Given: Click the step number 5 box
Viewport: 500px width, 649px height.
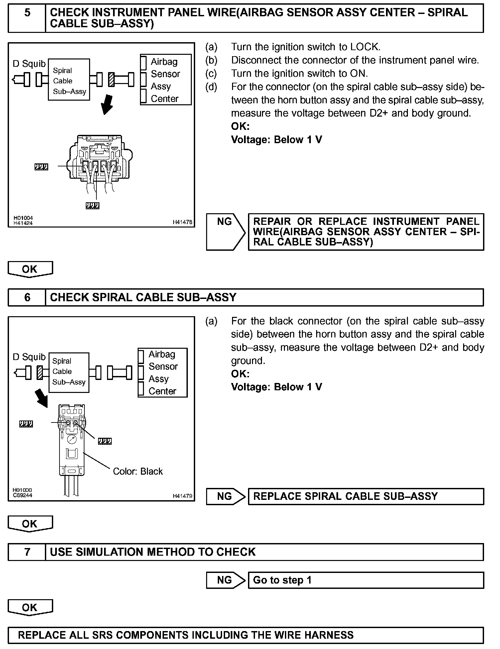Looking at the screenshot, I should tap(27, 18).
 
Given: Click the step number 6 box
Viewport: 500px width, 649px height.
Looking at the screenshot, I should tap(27, 297).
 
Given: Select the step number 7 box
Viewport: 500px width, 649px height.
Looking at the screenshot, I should tap(27, 552).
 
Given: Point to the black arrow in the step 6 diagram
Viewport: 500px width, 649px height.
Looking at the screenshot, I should tap(42, 397).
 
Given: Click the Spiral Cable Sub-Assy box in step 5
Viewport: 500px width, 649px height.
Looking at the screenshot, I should tap(69, 80).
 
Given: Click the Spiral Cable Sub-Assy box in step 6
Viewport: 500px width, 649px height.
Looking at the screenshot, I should tap(69, 372).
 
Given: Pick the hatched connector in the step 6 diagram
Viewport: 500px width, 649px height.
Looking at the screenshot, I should tap(40, 373).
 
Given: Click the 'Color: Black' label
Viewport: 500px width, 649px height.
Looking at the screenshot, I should tap(138, 471).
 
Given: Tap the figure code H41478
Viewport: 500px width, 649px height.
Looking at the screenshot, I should tap(182, 222).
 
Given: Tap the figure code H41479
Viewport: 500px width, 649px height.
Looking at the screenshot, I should tap(182, 496).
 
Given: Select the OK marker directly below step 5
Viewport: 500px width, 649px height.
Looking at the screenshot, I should tap(30, 269).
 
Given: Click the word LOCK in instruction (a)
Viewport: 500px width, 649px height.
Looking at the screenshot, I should tap(365, 47).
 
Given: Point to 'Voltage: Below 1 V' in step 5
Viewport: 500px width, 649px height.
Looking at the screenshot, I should tap(276, 140).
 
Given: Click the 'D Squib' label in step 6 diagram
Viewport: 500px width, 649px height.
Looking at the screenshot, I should tap(29, 357).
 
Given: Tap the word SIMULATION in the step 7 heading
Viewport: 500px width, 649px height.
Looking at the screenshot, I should tap(110, 552).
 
